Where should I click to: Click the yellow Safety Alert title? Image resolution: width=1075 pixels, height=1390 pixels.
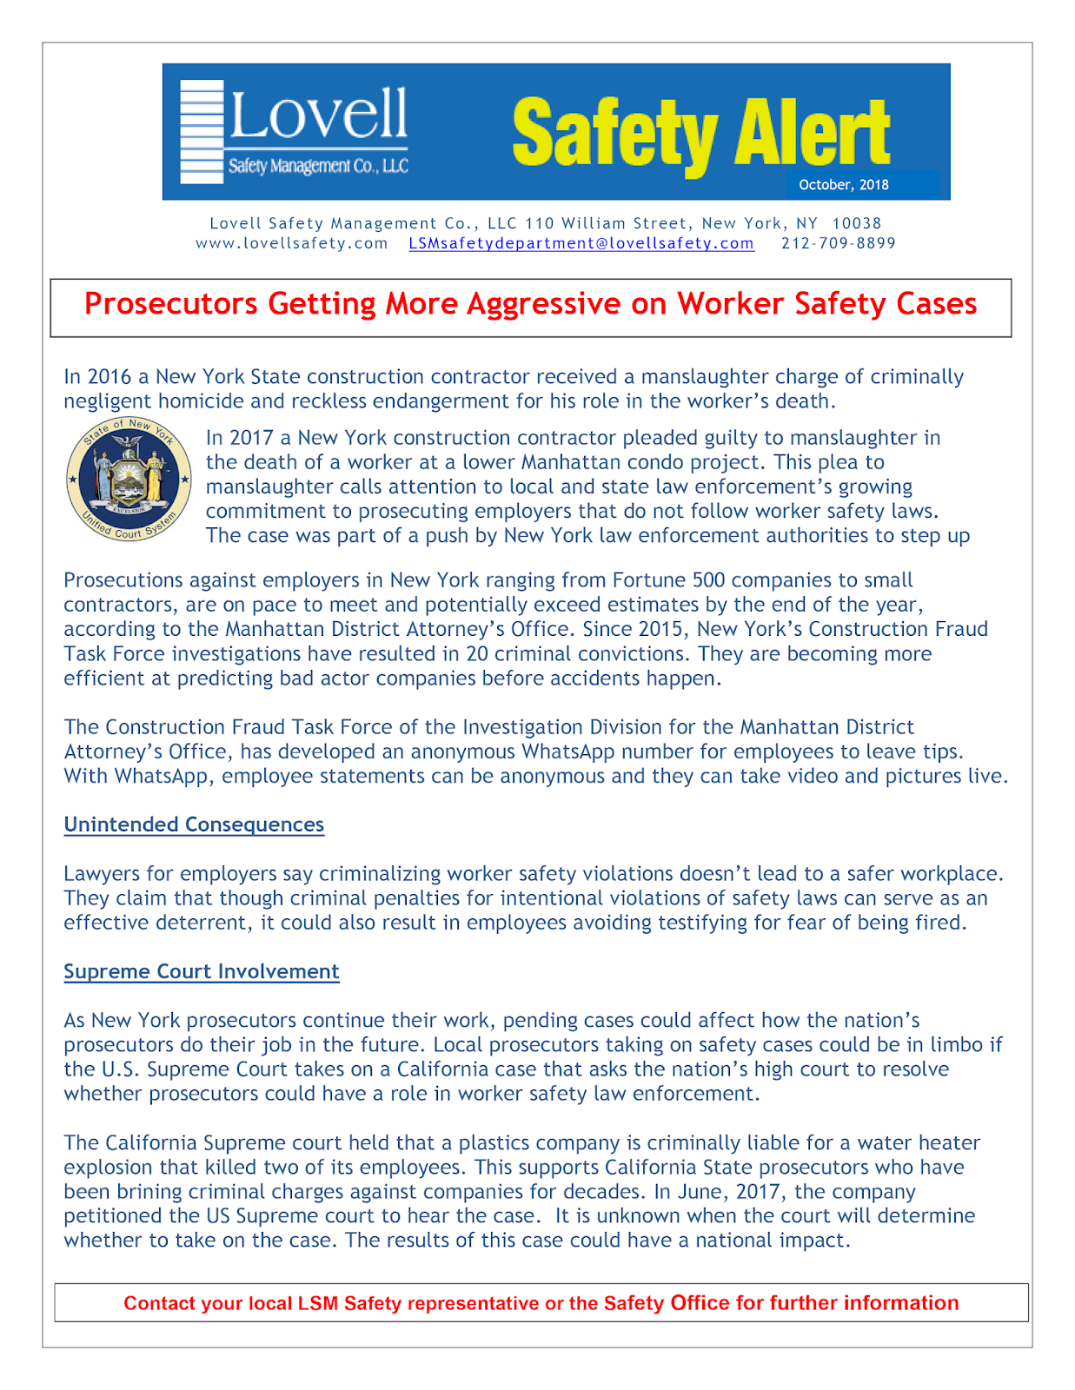(700, 132)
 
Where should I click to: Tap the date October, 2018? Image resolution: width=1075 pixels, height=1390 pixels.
(843, 185)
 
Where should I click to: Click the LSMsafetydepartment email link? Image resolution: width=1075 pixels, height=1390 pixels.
(581, 244)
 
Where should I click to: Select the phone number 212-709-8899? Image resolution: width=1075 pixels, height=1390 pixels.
(838, 244)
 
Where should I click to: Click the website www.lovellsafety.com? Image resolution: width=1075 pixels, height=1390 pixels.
(291, 244)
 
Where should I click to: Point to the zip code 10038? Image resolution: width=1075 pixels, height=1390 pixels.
(856, 224)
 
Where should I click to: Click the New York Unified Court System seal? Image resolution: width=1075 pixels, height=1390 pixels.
(129, 479)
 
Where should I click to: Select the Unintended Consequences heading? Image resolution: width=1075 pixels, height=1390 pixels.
(194, 824)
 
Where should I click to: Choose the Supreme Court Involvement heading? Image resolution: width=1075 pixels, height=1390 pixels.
(201, 971)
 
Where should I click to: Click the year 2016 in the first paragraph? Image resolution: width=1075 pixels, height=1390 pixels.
(109, 377)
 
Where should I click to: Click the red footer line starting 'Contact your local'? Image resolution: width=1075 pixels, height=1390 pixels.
(541, 1303)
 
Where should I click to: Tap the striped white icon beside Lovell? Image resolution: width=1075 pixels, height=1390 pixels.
(202, 132)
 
